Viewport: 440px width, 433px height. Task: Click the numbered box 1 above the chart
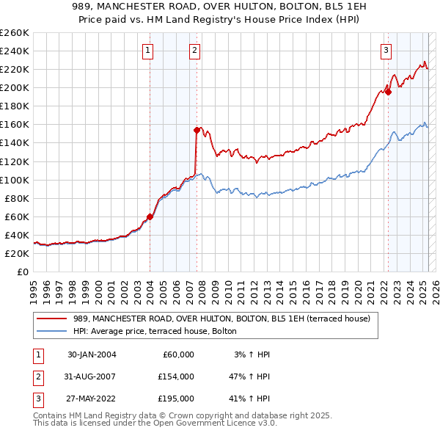148,51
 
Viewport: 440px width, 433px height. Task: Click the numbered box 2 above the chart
194,51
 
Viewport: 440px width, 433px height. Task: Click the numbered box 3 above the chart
386,51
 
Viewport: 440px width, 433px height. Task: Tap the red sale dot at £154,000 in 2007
197,130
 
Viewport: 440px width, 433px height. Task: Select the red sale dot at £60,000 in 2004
150,216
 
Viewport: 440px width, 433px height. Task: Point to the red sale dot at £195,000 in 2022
388,92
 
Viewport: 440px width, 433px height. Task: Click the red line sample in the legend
52,319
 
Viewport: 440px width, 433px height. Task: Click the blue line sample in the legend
52,332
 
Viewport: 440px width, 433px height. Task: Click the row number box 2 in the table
37,376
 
